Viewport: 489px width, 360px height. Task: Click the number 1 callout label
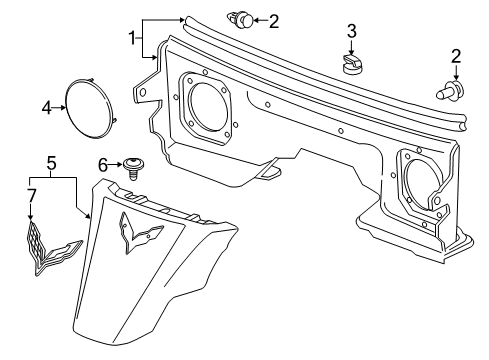pyautogui.click(x=131, y=38)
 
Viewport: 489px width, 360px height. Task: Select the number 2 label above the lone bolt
pyautogui.click(x=457, y=55)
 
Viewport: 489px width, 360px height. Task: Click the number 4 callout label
pyautogui.click(x=47, y=106)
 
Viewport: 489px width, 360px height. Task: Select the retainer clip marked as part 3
pyautogui.click(x=351, y=65)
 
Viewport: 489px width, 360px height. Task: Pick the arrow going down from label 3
pyautogui.click(x=351, y=46)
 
